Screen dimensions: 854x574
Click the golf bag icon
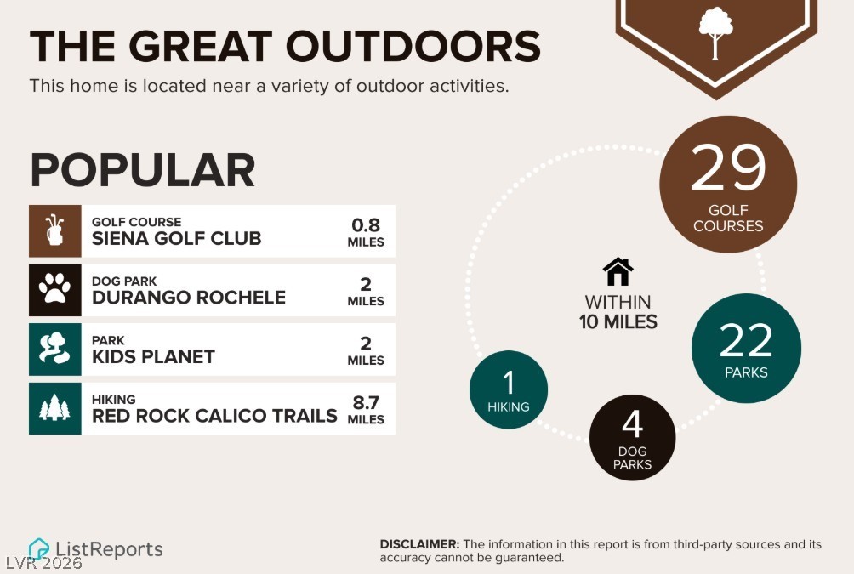click(x=54, y=230)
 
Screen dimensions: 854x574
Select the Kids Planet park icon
click(x=54, y=348)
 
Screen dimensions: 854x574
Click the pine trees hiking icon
click(x=54, y=407)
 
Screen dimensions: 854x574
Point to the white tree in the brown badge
click(x=715, y=33)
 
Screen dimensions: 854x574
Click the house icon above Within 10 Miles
click(x=618, y=271)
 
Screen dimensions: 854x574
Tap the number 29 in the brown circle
click(x=728, y=168)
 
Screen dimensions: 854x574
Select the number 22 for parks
click(x=746, y=340)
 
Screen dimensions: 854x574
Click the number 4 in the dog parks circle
click(x=632, y=424)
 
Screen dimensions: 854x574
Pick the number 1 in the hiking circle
click(x=509, y=383)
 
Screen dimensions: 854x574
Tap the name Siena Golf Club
click(x=176, y=239)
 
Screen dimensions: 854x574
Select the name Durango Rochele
click(x=189, y=298)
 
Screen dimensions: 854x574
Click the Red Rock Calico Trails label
click(x=214, y=416)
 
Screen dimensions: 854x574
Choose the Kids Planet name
click(x=153, y=356)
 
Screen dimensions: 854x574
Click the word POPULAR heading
click(x=143, y=170)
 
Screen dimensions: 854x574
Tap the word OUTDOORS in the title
click(x=413, y=46)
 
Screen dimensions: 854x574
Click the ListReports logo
click(x=95, y=549)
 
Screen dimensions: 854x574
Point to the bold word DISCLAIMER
click(x=419, y=544)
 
